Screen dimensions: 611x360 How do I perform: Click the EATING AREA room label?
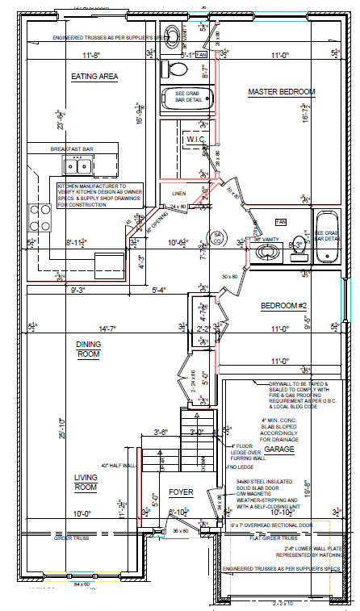tap(95, 77)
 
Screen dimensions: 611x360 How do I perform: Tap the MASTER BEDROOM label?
tap(281, 92)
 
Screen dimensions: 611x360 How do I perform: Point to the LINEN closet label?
tap(180, 194)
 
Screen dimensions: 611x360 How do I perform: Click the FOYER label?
tap(181, 492)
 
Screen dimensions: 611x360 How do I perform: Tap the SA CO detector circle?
tap(216, 236)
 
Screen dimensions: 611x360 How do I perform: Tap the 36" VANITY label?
tap(267, 240)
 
